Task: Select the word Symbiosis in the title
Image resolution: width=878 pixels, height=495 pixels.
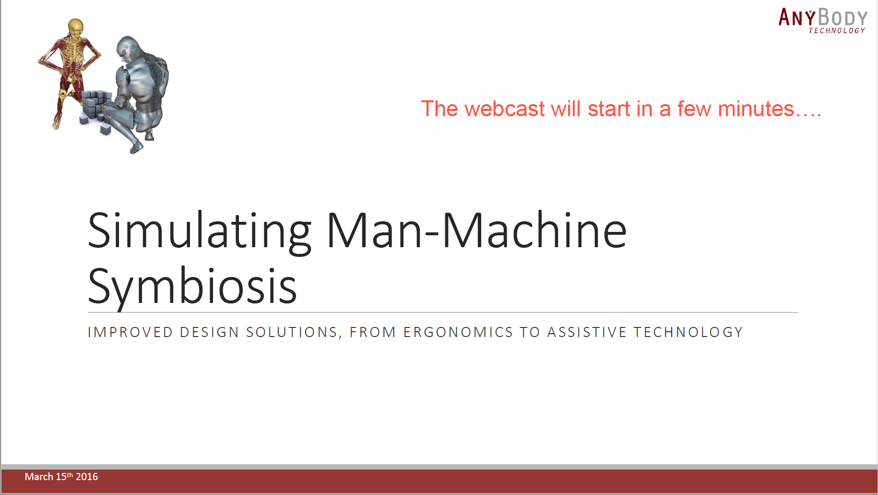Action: pyautogui.click(x=192, y=287)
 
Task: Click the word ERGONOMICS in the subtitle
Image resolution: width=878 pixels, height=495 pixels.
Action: pyautogui.click(x=458, y=332)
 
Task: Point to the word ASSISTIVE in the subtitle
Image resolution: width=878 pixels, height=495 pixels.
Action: pyautogui.click(x=587, y=332)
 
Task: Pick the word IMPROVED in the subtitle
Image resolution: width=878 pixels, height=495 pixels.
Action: pyautogui.click(x=130, y=332)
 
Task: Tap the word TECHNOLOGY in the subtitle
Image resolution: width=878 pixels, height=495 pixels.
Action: pyautogui.click(x=688, y=332)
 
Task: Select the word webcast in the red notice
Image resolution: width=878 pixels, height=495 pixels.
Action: pyautogui.click(x=504, y=109)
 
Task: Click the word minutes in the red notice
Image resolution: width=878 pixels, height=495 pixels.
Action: pyautogui.click(x=756, y=109)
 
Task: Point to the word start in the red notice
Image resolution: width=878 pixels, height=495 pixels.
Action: pyautogui.click(x=609, y=109)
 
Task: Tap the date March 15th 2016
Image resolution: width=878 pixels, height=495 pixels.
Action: pyautogui.click(x=61, y=477)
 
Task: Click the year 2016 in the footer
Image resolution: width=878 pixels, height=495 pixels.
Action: pyautogui.click(x=87, y=477)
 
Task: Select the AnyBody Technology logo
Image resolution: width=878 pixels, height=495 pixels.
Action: pyautogui.click(x=823, y=21)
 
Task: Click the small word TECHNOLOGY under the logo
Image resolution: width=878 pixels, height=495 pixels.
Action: pyautogui.click(x=837, y=31)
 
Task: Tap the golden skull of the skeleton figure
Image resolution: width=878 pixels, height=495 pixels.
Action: pyautogui.click(x=76, y=26)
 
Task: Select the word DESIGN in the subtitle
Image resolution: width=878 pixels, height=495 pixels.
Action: pyautogui.click(x=209, y=332)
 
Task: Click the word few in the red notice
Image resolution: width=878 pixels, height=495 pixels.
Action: pyautogui.click(x=694, y=109)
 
